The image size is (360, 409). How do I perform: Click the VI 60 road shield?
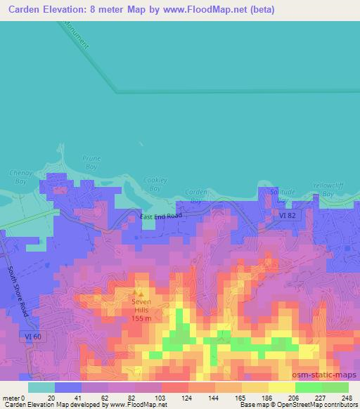pos(22,338)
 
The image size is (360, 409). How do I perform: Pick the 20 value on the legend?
pos(51,397)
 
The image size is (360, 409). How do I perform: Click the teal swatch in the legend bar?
pos(41,387)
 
